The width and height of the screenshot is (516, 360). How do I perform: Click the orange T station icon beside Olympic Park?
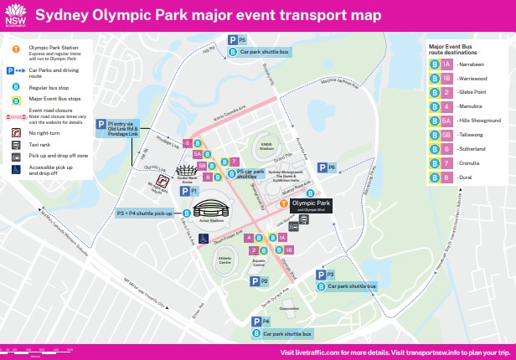284,203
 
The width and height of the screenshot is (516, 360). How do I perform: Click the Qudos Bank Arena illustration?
186,170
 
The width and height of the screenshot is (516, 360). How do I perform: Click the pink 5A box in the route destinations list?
447,121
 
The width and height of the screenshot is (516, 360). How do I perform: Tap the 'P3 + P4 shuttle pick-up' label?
144,213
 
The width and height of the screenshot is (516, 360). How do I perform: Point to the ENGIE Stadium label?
266,146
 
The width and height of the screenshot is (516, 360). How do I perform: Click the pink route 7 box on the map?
235,162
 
